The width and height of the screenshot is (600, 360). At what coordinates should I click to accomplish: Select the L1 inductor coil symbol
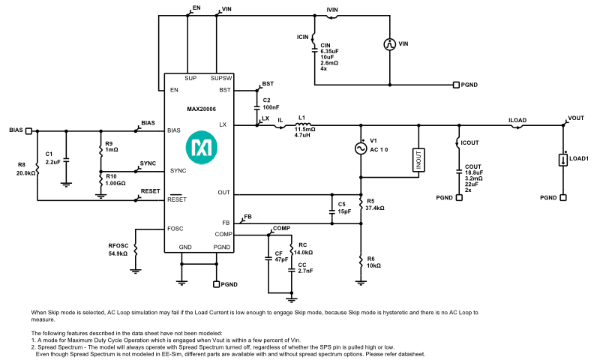(x=305, y=125)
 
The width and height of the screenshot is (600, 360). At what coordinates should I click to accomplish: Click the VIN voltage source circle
(x=390, y=44)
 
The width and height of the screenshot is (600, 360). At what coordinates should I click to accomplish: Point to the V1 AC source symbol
(x=361, y=148)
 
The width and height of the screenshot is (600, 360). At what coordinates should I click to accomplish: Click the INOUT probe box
(x=418, y=159)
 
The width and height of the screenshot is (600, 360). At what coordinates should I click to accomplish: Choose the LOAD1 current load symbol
(x=562, y=159)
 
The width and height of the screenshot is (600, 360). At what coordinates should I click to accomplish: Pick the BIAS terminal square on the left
(x=29, y=130)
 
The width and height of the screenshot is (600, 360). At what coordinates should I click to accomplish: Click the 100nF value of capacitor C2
(x=271, y=107)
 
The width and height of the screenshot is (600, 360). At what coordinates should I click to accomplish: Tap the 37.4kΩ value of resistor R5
(x=376, y=207)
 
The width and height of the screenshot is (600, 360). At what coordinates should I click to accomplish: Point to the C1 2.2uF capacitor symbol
(x=66, y=160)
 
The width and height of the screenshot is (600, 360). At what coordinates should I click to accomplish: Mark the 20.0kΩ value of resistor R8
(x=25, y=172)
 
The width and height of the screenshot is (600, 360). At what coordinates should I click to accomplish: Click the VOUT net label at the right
(x=576, y=118)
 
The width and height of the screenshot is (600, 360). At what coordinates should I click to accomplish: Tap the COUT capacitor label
(x=472, y=166)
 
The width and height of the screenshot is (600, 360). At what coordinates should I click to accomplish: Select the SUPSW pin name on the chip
(x=221, y=78)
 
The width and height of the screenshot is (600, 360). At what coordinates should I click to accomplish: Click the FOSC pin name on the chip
(x=175, y=228)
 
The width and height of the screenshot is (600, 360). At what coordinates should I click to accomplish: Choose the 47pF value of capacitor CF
(x=280, y=260)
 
